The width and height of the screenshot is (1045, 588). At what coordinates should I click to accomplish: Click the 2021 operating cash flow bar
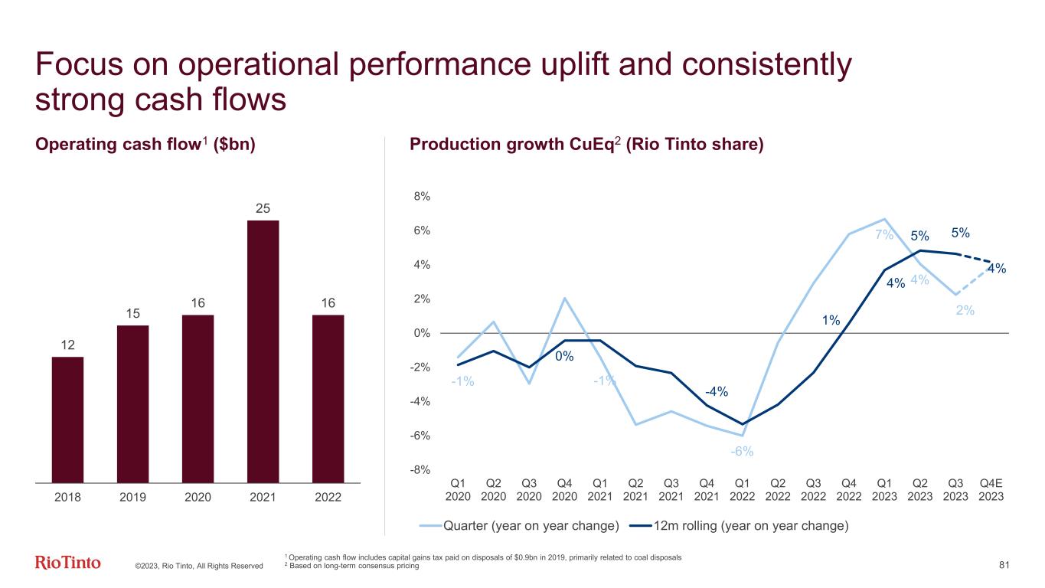(263, 351)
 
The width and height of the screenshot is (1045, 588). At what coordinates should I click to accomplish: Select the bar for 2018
(67, 420)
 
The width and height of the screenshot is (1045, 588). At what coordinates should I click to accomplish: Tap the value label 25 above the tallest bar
(263, 208)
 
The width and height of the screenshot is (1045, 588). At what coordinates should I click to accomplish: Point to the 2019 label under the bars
(132, 497)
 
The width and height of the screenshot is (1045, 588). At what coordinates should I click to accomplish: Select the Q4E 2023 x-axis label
(991, 489)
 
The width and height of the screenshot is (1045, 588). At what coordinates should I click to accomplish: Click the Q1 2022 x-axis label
(742, 489)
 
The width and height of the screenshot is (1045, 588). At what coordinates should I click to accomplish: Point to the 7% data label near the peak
(884, 234)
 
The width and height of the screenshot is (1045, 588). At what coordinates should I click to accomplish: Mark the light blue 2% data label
(965, 310)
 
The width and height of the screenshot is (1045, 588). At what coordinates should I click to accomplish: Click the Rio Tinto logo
(68, 563)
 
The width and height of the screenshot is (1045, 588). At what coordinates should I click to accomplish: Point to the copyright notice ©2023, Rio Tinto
(198, 566)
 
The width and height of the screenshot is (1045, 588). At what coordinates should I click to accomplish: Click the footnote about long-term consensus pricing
(353, 565)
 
